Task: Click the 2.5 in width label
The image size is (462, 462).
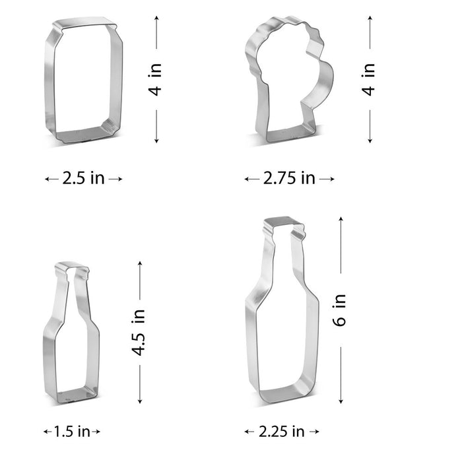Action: (x=84, y=178)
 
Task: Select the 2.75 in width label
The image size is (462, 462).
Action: (x=289, y=178)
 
